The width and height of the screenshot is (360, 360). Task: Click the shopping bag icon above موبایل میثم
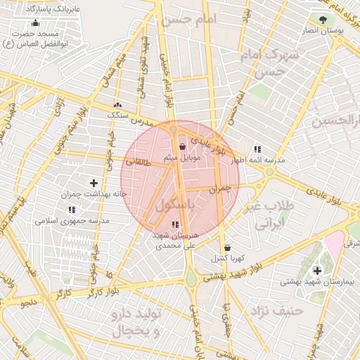[183, 147]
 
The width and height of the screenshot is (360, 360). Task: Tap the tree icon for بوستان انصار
[323, 20]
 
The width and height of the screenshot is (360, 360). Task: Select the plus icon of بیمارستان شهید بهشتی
[316, 270]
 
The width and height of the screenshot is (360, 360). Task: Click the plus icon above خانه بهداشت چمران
[94, 183]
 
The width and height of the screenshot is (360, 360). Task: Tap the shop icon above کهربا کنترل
[227, 247]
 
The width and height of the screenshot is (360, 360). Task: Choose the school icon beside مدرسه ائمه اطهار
[257, 150]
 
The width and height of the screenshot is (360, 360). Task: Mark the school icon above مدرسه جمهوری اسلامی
[72, 210]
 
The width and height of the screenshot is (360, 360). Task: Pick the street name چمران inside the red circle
[220, 189]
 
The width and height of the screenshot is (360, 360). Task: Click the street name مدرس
[144, 122]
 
